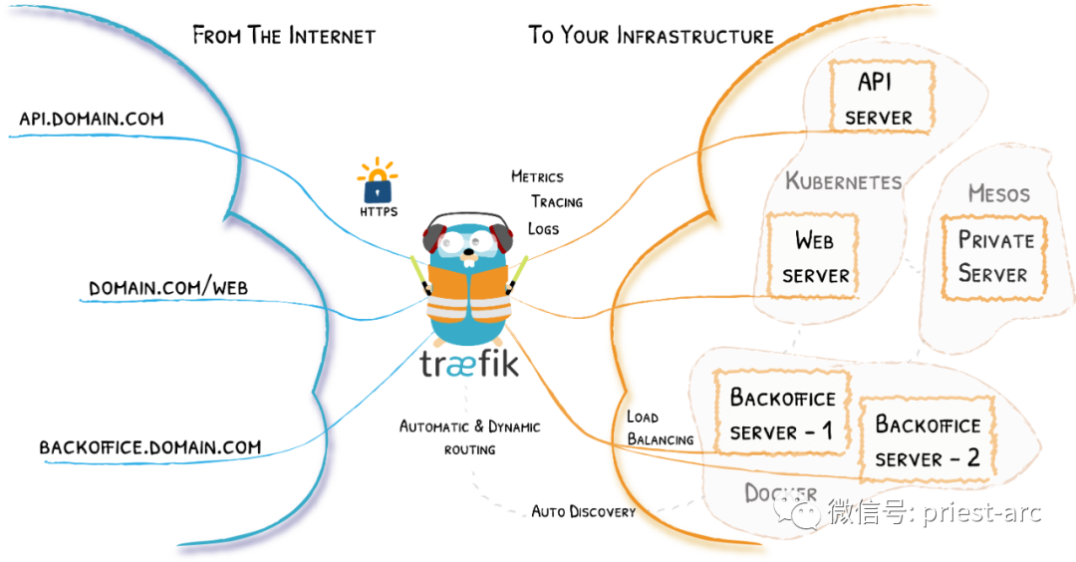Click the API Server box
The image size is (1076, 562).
tap(882, 96)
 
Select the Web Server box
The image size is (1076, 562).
tap(813, 255)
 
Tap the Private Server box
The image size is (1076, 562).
tap(994, 257)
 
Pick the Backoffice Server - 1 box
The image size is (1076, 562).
tap(782, 413)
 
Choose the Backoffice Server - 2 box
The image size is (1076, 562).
tap(928, 439)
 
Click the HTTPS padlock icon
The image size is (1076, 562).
tap(378, 181)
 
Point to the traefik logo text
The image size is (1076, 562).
tap(469, 364)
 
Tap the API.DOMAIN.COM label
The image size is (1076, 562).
tap(92, 119)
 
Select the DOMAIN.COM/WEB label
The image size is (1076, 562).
tap(168, 288)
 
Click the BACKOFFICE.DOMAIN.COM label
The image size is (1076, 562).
tap(150, 447)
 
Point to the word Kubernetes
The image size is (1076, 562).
tap(844, 181)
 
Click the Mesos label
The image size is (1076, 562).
tap(999, 193)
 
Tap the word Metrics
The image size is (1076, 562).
tap(537, 176)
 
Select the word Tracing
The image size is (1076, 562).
tap(557, 201)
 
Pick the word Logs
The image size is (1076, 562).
tap(544, 228)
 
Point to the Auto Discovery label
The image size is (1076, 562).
tap(583, 512)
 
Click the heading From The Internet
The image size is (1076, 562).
tap(284, 35)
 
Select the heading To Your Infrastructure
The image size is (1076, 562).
tap(651, 35)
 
